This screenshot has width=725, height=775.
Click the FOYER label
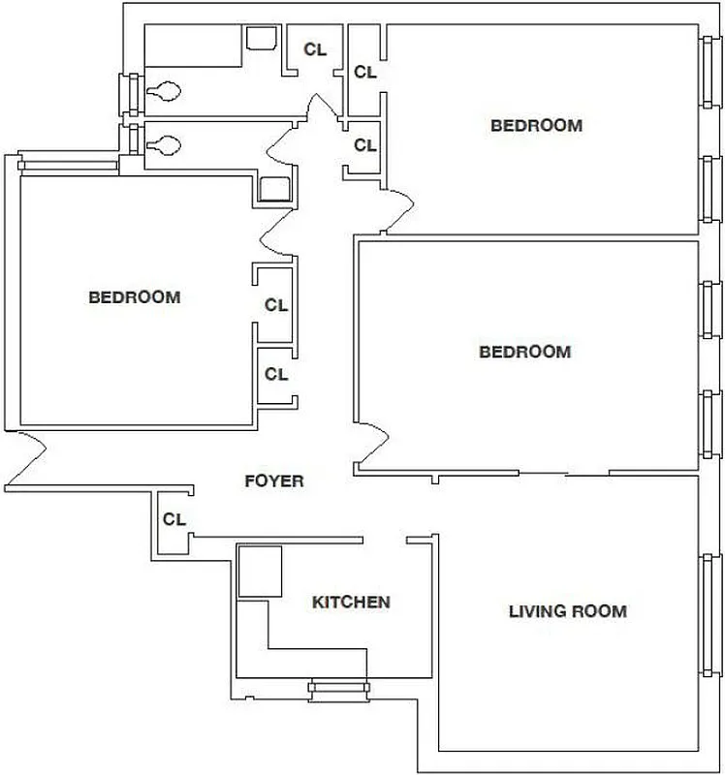tap(273, 480)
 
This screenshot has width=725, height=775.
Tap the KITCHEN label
tap(351, 603)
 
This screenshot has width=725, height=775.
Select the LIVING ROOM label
tap(567, 611)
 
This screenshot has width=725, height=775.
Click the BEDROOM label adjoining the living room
tap(524, 352)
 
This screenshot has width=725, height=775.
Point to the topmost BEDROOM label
tap(536, 125)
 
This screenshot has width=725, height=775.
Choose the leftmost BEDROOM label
tap(134, 297)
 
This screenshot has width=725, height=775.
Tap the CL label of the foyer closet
tap(173, 519)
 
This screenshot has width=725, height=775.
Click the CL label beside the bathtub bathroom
tap(315, 49)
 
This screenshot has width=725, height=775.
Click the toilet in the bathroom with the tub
tap(163, 93)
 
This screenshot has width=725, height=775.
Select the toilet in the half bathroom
tap(163, 145)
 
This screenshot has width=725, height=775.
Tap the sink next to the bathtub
tap(260, 39)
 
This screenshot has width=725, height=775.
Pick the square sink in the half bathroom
tap(275, 188)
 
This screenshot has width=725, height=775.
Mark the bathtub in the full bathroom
tap(192, 46)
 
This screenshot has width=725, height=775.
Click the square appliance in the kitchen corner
tap(260, 571)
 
